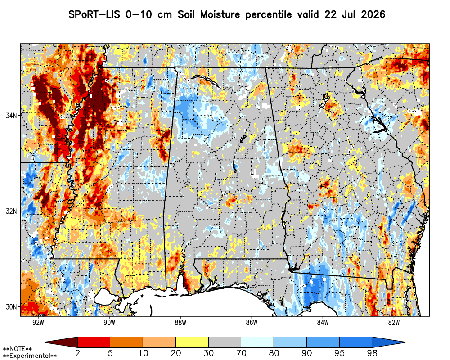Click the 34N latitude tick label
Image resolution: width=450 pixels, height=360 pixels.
click(11, 115)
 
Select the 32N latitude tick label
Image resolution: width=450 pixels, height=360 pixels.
click(11, 211)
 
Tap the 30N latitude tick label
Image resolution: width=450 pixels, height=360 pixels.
click(11, 307)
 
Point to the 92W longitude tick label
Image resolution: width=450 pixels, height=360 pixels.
click(38, 322)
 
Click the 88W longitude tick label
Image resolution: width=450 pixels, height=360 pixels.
click(180, 322)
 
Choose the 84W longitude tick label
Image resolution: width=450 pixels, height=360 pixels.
click(323, 322)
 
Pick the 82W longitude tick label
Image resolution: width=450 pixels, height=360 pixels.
click(394, 322)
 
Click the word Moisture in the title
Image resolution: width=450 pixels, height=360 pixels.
click(220, 14)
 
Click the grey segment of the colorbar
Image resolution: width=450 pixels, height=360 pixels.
click(225, 342)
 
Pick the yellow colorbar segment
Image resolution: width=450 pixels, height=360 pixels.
click(192, 342)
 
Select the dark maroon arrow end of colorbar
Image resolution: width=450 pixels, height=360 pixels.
click(61, 342)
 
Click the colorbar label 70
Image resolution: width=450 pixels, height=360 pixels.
click(241, 353)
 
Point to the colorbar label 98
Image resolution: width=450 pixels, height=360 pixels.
click(372, 353)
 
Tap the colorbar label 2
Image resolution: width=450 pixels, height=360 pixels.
click(77, 353)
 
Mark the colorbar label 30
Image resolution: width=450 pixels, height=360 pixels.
click(209, 353)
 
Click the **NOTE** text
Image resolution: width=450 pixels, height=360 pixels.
click(17, 349)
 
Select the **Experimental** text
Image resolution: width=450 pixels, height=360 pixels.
click(30, 356)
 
